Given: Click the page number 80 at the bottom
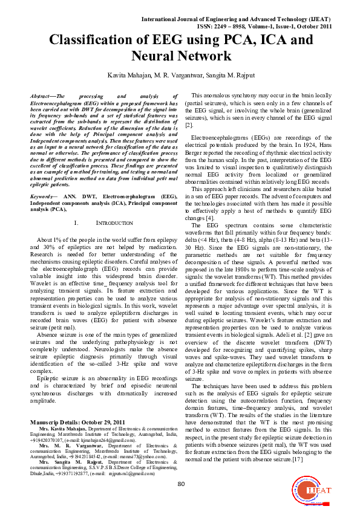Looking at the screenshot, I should point(180,484).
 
